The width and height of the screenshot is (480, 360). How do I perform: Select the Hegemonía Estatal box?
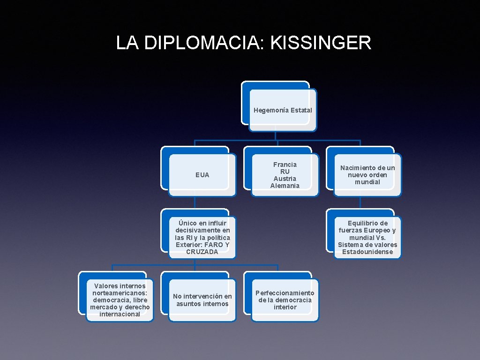(x=283, y=110)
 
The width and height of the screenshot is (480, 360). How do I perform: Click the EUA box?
(x=202, y=175)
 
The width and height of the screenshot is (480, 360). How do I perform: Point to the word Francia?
(x=285, y=165)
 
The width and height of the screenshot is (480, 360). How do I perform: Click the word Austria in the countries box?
(x=285, y=179)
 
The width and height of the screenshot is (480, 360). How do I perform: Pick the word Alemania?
(x=285, y=186)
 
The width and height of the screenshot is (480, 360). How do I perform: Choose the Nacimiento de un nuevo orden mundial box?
(x=367, y=175)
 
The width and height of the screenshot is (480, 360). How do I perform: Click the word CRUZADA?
(x=202, y=252)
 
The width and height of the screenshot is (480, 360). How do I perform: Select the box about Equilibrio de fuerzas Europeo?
(x=367, y=237)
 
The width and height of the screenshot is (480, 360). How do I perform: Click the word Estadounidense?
(x=367, y=252)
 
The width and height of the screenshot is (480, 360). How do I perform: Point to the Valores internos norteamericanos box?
(x=120, y=300)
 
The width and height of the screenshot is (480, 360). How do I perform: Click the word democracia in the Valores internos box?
(x=109, y=300)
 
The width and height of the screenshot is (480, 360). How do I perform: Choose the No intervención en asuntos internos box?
(x=202, y=300)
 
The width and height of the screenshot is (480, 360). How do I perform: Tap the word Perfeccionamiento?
(x=285, y=293)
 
